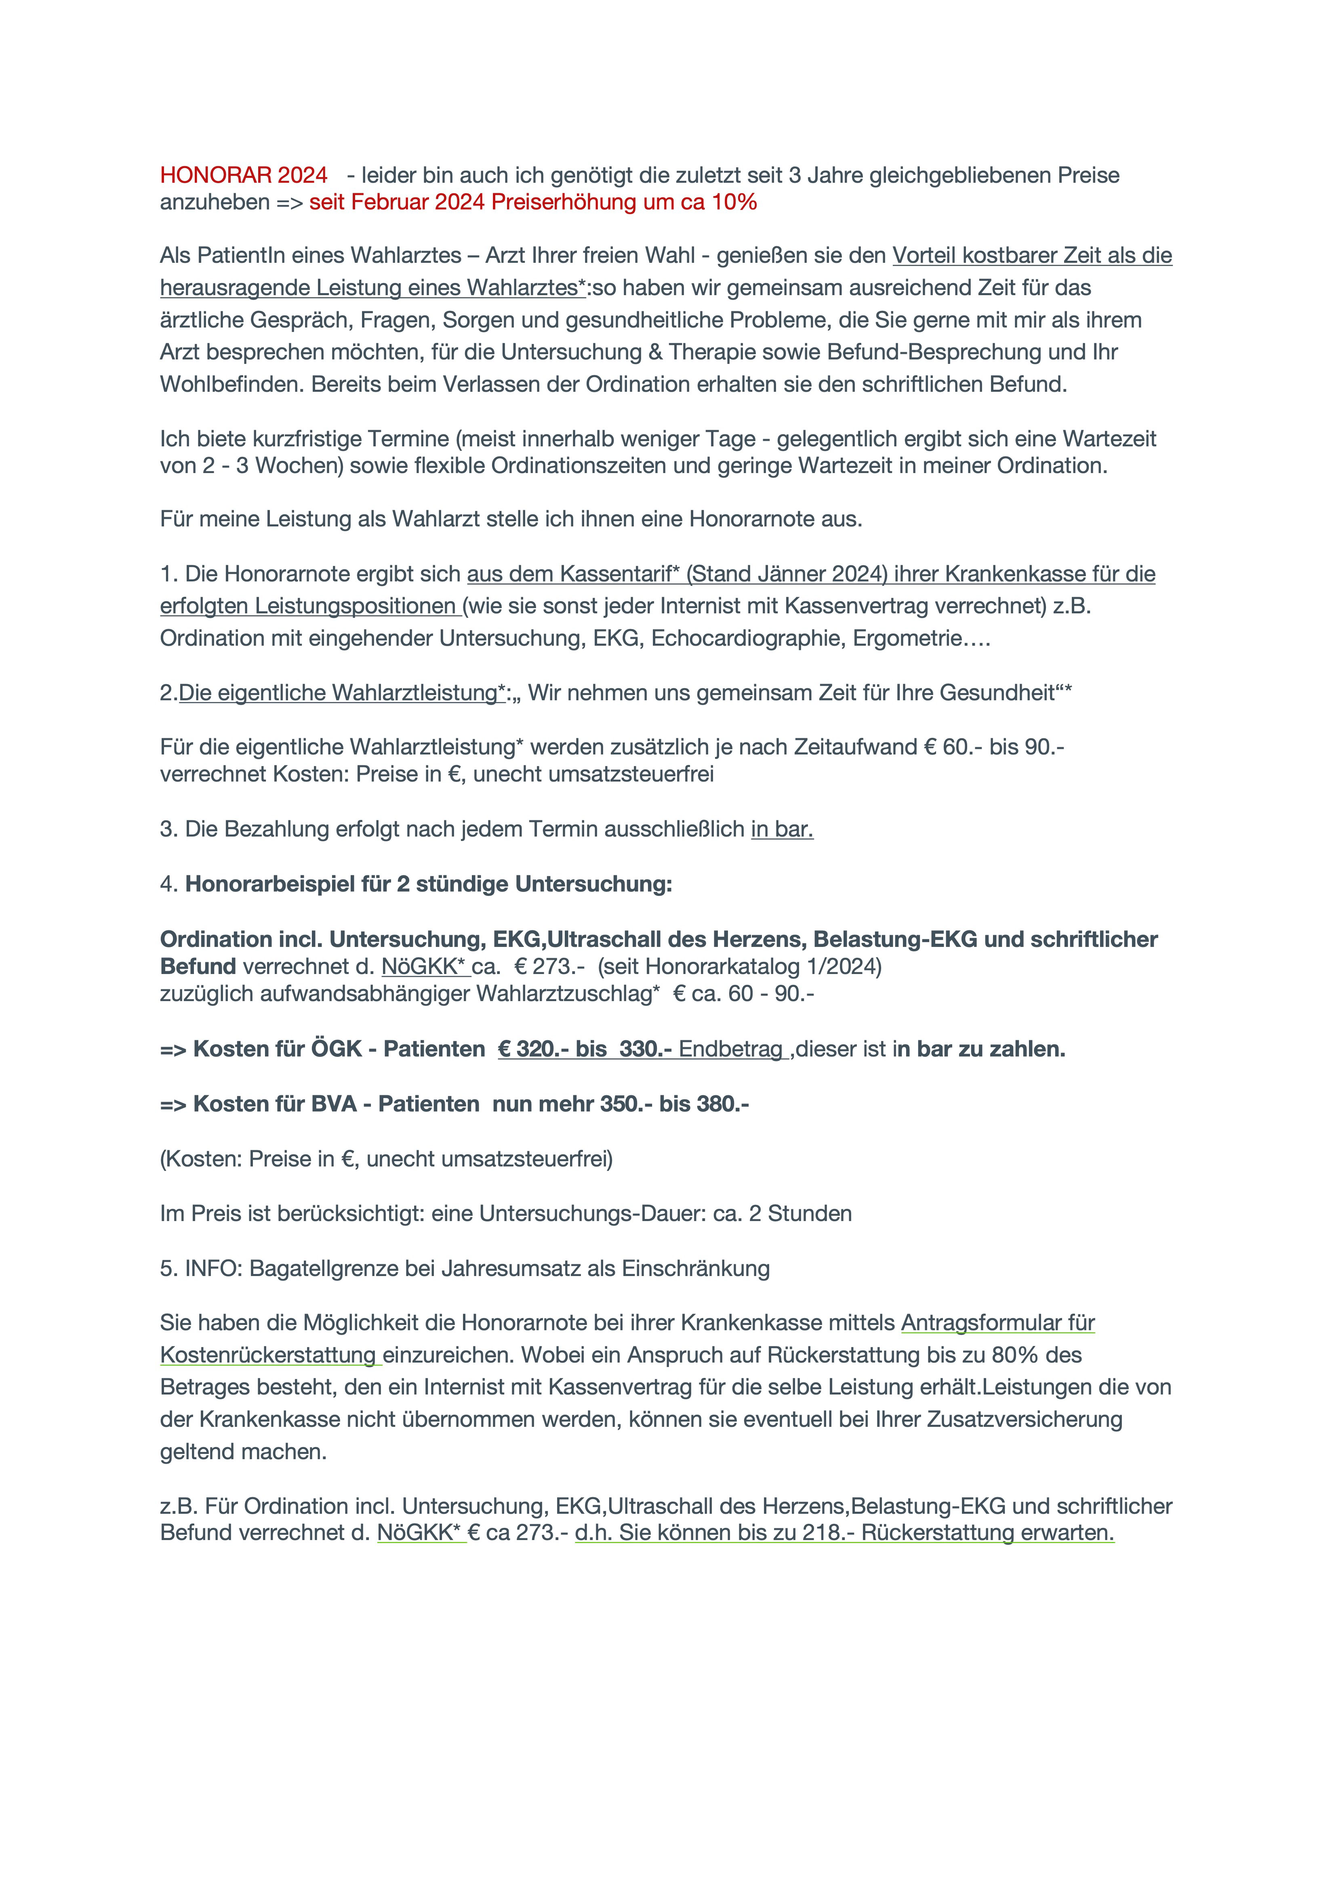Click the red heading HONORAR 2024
tap(244, 175)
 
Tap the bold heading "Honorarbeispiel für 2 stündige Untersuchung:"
tap(428, 885)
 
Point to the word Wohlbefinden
tap(232, 385)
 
